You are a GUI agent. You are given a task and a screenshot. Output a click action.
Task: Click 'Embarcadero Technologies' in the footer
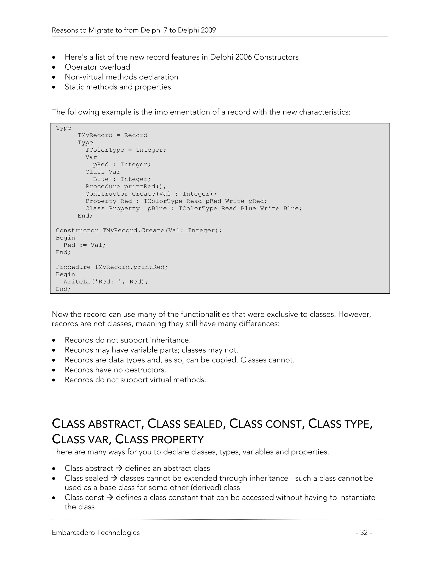click(96, 532)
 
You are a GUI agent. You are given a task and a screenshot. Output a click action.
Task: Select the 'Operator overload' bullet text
click(97, 67)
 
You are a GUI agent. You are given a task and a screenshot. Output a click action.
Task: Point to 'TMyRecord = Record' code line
click(112, 135)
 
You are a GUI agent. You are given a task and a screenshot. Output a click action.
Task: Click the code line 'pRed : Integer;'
click(122, 164)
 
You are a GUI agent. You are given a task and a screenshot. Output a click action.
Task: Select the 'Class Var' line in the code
click(103, 172)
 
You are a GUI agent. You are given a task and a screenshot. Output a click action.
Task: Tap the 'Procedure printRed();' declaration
click(126, 187)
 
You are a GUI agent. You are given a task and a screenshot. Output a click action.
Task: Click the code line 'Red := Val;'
click(84, 245)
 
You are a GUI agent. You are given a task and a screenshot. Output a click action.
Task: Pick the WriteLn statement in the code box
click(106, 282)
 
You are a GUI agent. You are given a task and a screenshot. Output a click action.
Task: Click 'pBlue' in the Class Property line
click(157, 208)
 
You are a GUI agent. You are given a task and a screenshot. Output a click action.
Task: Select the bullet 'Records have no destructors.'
click(115, 370)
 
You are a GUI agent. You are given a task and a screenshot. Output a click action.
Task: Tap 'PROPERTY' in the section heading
click(177, 440)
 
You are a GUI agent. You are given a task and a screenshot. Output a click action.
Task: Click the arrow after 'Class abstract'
click(119, 468)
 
